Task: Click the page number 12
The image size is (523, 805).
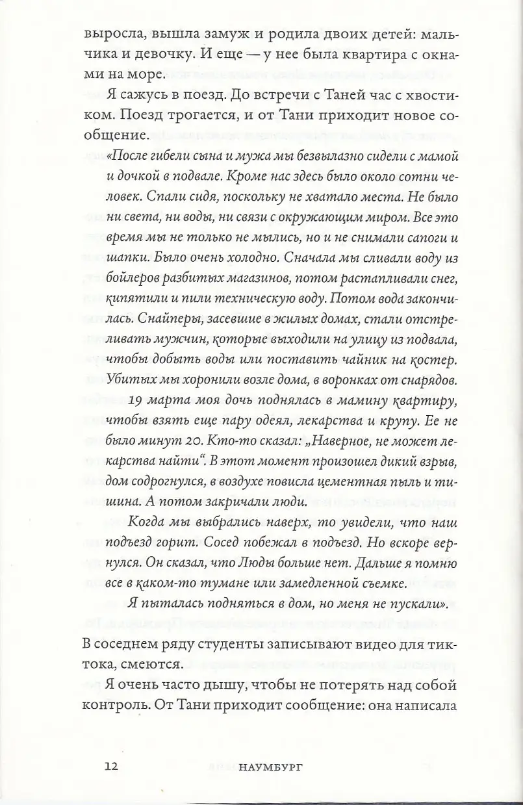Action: [110, 765]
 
